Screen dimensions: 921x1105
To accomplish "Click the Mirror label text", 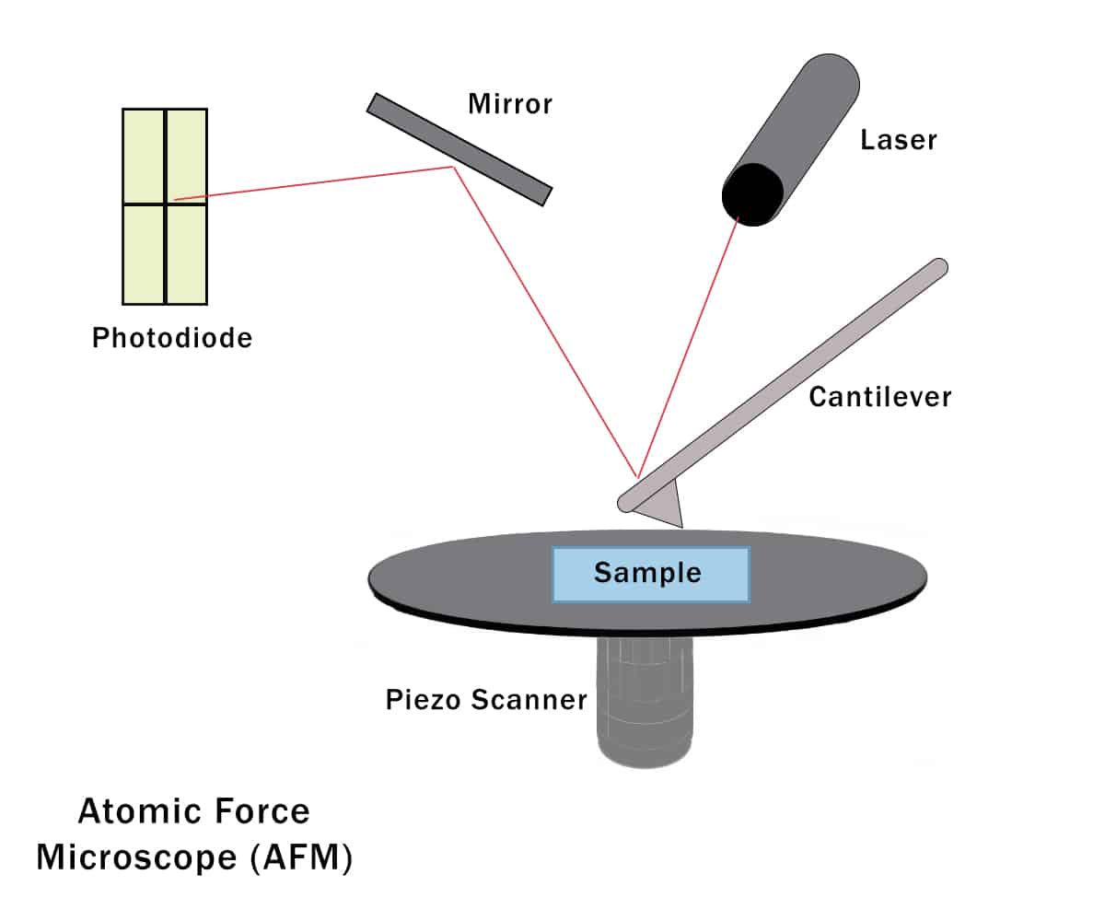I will [510, 104].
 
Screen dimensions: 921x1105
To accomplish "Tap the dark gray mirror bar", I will [459, 149].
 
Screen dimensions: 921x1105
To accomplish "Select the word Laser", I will [898, 140].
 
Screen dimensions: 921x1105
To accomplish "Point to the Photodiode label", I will [172, 338].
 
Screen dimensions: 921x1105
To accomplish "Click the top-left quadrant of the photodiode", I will [144, 156].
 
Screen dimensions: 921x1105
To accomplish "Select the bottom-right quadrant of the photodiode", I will [187, 253].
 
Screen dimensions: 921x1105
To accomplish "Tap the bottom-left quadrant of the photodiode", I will [144, 253].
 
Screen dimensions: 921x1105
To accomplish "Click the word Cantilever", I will [879, 397].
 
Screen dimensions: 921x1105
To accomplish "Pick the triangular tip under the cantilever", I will [668, 507].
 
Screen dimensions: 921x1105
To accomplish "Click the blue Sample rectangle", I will [650, 574].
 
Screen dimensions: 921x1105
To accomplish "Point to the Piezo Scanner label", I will [486, 700].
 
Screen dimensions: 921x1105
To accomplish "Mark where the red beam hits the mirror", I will [452, 167].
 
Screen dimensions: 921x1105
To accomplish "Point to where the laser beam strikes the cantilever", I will [637, 477].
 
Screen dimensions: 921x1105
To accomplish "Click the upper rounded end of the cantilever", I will [938, 266].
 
